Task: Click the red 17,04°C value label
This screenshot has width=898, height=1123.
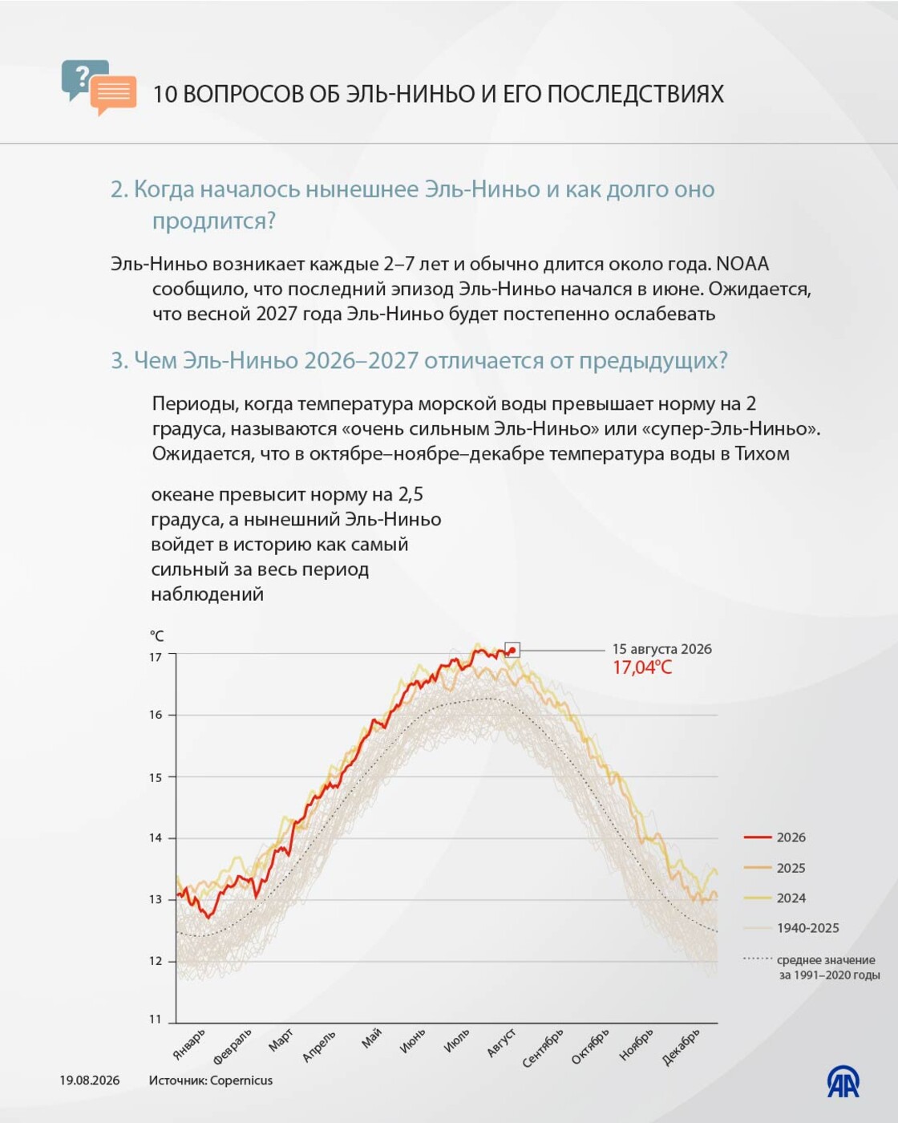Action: pos(642,667)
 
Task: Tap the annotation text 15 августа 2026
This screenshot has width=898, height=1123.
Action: pos(661,649)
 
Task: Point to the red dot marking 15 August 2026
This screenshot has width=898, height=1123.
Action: pos(512,651)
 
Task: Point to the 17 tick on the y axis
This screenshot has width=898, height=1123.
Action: pos(156,657)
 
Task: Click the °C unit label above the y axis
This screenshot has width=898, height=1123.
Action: pos(156,635)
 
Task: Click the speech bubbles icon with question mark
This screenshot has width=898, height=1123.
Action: pos(99,87)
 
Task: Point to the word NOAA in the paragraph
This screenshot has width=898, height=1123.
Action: pos(742,264)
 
